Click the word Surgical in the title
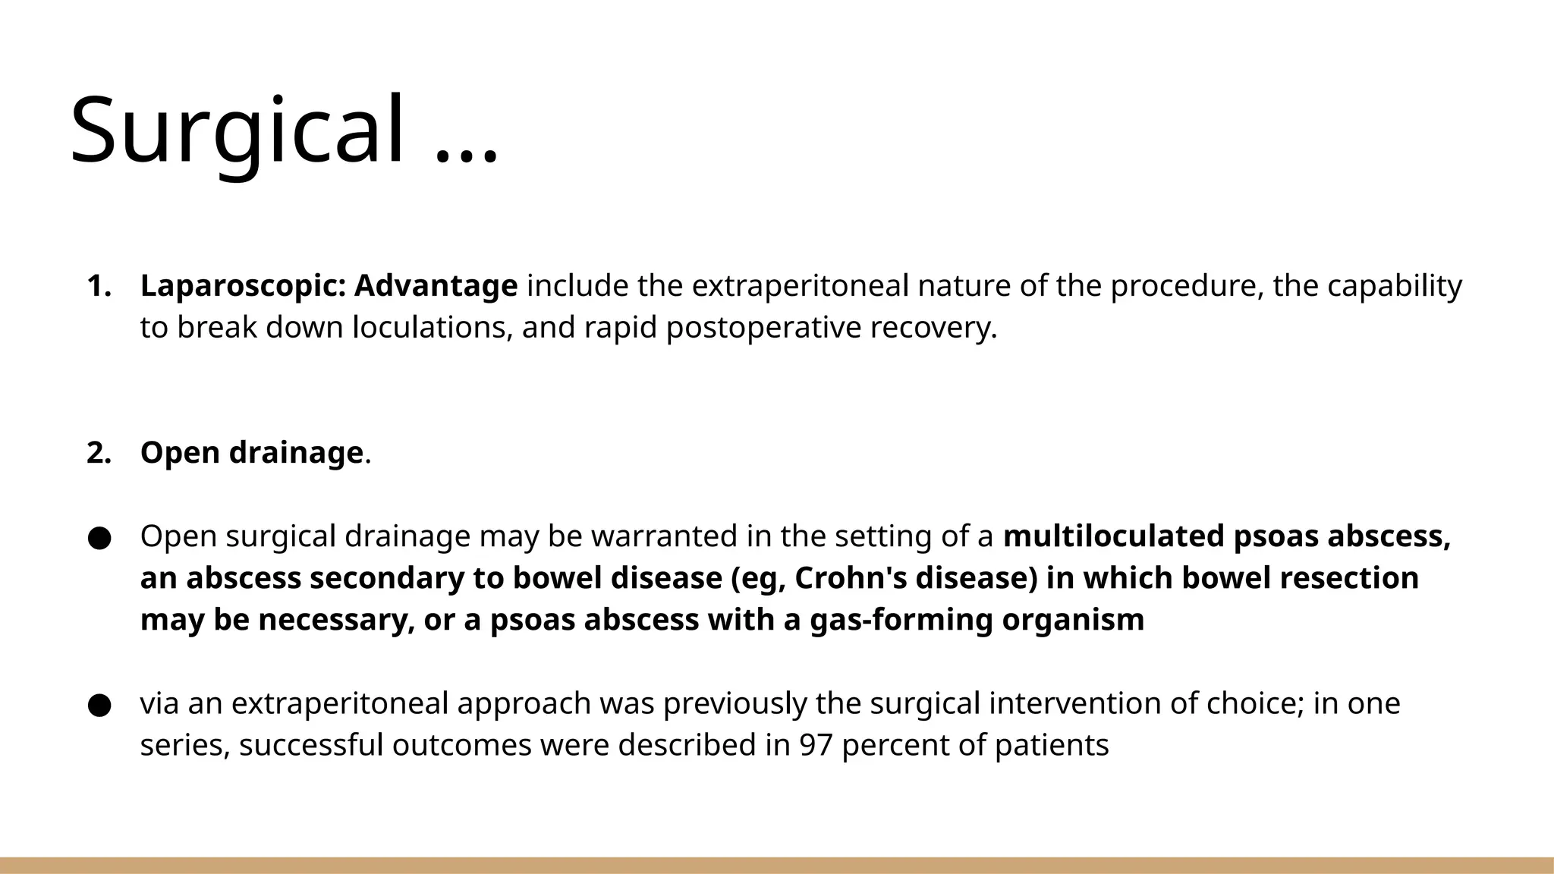(237, 130)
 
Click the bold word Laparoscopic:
(243, 286)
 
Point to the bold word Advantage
(436, 286)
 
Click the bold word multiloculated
(1114, 536)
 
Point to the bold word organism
(1073, 620)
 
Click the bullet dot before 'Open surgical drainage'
(99, 538)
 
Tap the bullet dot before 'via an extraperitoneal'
(99, 705)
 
